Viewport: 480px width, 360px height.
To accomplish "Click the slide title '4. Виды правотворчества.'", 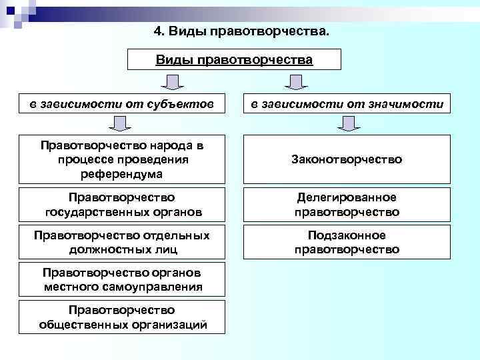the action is click(x=241, y=31).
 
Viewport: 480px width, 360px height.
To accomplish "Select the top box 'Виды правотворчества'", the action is click(x=234, y=60).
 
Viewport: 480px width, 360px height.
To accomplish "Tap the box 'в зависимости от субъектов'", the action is click(x=121, y=103).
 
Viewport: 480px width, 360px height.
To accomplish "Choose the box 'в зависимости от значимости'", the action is click(x=347, y=103).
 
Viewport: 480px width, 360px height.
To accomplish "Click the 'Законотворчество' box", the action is click(x=347, y=159).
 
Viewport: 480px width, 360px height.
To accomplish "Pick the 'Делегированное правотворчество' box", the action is click(x=347, y=205).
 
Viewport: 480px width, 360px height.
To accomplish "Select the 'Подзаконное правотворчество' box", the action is click(x=347, y=242).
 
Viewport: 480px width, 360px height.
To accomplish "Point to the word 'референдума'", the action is click(x=121, y=173).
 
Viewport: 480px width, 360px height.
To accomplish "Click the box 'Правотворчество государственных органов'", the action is click(x=121, y=205).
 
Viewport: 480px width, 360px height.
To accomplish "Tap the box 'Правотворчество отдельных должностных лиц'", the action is click(x=121, y=242).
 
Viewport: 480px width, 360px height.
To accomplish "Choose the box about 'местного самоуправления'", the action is click(x=121, y=280).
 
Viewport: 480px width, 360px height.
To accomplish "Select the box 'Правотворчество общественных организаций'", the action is click(x=121, y=317).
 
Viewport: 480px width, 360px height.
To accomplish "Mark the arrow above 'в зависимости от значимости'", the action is click(x=294, y=82).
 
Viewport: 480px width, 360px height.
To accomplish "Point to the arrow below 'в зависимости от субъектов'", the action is click(x=120, y=123).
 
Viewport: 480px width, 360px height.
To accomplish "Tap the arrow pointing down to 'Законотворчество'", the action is click(x=347, y=123).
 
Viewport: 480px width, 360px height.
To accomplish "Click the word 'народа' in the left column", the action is click(x=161, y=146).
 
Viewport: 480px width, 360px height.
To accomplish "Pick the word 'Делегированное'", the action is click(x=347, y=197).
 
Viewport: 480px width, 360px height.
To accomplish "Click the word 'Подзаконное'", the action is click(x=347, y=235).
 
